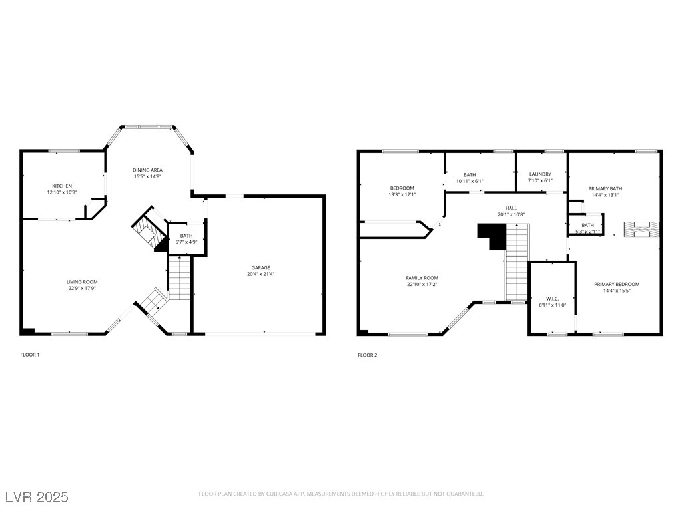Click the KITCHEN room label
[x=62, y=186]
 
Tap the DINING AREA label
[x=147, y=170]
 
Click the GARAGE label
[x=260, y=268]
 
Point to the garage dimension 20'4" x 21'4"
[x=260, y=274]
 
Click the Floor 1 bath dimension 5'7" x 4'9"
[x=186, y=242]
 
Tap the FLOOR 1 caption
[x=30, y=355]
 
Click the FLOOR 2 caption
[x=368, y=355]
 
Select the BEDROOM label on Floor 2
[x=402, y=188]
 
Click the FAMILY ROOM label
[x=422, y=278]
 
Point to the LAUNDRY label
[x=540, y=174]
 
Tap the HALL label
[x=511, y=208]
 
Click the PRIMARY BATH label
[x=605, y=188]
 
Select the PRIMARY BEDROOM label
[x=617, y=284]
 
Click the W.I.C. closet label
[x=552, y=299]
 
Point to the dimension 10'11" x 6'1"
[x=470, y=181]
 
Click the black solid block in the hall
[x=492, y=236]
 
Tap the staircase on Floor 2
[x=517, y=263]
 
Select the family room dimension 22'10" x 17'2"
[x=422, y=285]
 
